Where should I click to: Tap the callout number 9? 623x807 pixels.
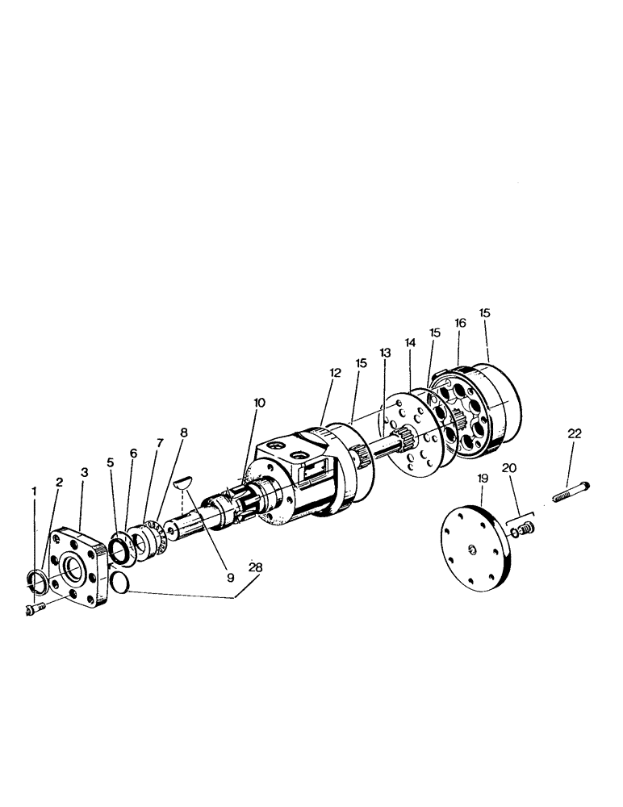tap(230, 578)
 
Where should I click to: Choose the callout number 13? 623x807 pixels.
tap(384, 353)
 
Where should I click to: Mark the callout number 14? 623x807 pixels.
tap(411, 342)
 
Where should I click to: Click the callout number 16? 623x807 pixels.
tap(460, 323)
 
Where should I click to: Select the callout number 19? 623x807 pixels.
tap(483, 478)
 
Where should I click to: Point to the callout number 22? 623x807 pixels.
tap(574, 433)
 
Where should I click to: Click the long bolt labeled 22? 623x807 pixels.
tap(568, 487)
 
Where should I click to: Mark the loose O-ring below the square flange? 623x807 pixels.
tap(119, 583)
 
